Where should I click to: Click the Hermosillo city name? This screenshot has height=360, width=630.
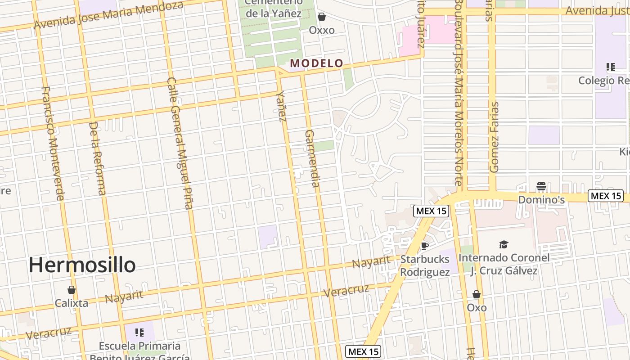coord(82,265)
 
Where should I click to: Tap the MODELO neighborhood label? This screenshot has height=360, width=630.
coord(317,63)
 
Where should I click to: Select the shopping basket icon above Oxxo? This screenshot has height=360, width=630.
coord(322,17)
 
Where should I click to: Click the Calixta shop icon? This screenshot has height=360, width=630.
coord(71,289)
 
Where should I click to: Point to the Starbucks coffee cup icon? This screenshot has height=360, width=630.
coord(424,246)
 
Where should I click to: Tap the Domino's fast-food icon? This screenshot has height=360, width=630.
coord(541,186)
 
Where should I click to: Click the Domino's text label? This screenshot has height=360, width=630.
coord(541,199)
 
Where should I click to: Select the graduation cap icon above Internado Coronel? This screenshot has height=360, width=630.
coord(504,244)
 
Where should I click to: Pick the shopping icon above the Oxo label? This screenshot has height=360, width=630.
coord(477,294)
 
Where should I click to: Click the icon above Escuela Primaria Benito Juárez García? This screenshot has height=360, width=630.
coord(139,333)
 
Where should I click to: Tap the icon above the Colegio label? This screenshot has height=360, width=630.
coord(611,67)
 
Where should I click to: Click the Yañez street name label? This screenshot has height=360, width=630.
coord(282,106)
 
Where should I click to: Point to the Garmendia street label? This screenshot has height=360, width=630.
coord(312,158)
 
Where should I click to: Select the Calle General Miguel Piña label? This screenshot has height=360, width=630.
coord(180,143)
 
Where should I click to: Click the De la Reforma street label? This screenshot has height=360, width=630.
coord(98,158)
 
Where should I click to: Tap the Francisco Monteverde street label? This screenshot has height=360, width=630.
coord(53,143)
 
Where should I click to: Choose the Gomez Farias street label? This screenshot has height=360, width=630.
coord(495,137)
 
